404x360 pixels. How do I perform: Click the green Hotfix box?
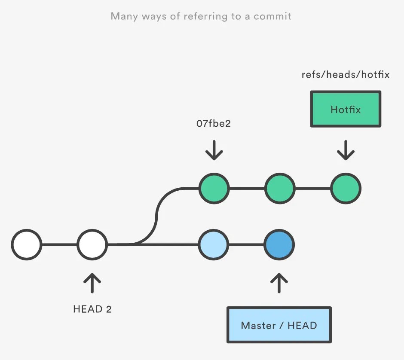tap(346, 109)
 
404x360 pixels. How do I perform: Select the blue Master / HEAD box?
tap(279, 325)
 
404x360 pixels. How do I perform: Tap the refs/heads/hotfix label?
tap(346, 75)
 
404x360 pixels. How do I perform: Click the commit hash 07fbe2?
tap(214, 124)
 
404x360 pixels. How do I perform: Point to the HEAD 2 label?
tap(92, 309)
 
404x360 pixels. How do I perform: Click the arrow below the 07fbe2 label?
tap(214, 150)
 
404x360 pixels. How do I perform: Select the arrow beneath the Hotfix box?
tap(346, 150)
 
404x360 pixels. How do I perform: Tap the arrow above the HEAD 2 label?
tap(92, 283)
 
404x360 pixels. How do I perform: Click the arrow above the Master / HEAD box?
tap(279, 283)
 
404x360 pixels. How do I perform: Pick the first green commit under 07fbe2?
tap(214, 189)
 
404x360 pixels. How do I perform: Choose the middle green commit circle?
tap(279, 189)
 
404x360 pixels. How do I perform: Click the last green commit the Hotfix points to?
tap(346, 189)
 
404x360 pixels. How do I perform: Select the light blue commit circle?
tap(214, 245)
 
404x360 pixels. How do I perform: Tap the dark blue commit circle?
tap(279, 245)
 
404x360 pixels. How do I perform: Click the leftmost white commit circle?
tap(27, 245)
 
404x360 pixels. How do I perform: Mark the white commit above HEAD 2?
tap(92, 245)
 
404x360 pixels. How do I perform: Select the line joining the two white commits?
tap(59, 245)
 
